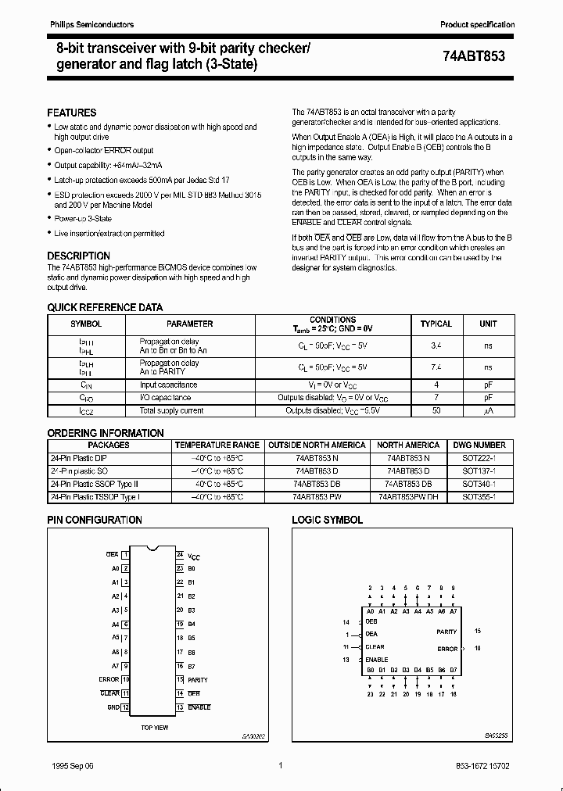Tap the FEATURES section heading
(x=72, y=113)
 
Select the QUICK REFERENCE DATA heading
(x=105, y=308)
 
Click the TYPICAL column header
(x=436, y=324)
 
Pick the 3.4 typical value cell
(x=436, y=345)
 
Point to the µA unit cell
(x=488, y=410)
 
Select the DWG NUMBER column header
(x=484, y=445)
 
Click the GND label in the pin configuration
(x=113, y=707)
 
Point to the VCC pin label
(x=194, y=556)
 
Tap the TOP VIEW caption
(x=155, y=728)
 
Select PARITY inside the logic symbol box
(x=446, y=632)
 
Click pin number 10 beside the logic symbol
(x=478, y=649)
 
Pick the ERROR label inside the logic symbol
(x=447, y=649)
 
